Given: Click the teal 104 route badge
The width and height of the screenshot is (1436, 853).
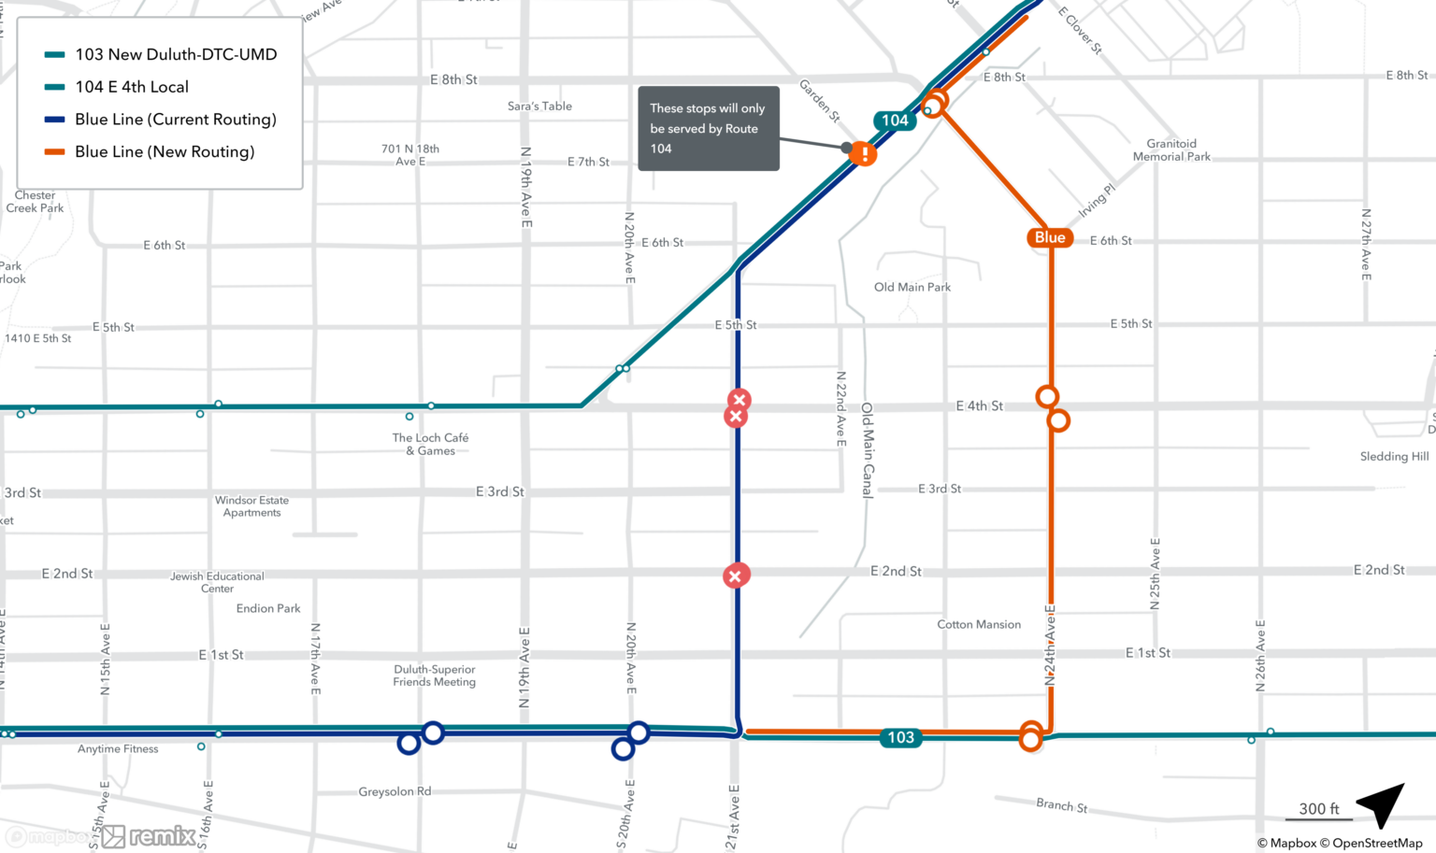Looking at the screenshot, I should pos(894,121).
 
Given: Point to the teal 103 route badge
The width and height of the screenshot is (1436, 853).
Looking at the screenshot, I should pos(900,738).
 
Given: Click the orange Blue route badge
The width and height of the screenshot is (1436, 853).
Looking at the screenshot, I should pos(1049,237).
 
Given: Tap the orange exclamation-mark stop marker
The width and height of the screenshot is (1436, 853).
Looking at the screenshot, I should pos(864,154).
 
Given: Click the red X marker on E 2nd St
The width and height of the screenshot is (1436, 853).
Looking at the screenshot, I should pos(736,576).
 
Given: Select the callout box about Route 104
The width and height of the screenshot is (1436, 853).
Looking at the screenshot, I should pos(708,129).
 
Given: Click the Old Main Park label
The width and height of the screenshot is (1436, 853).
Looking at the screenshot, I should pos(912,288).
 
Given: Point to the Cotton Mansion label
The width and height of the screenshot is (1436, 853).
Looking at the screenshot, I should pos(979,625).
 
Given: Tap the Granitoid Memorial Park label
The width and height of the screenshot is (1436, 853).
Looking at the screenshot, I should pos(1171,150).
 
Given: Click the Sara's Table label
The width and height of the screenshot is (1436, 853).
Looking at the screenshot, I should pos(539,107).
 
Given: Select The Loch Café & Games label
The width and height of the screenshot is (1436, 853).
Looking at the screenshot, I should pos(430,445).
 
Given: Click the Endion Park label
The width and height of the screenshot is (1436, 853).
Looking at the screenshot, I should pos(268,609).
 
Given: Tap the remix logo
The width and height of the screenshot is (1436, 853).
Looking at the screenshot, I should pos(150,836).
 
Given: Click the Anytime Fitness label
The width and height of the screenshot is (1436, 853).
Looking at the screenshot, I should pos(118,749).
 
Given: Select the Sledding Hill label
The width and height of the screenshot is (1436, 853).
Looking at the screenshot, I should pos(1394,457).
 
